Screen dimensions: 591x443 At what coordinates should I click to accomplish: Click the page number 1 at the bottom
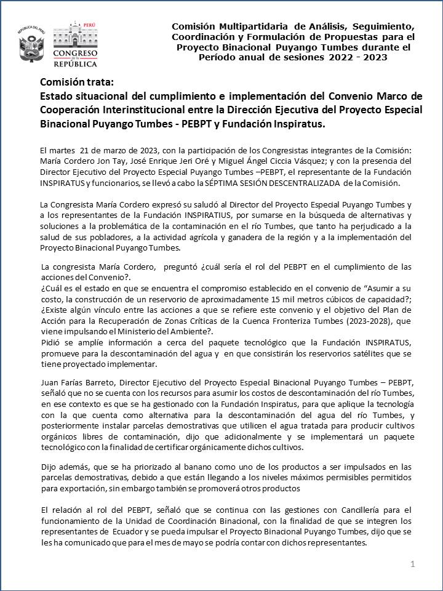coord(413,564)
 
